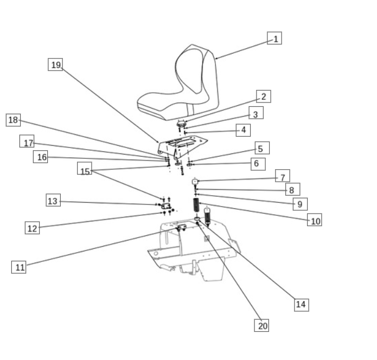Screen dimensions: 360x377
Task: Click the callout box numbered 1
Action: click(274, 38)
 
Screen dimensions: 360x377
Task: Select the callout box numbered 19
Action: click(55, 65)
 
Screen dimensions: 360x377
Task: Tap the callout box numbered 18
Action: click(14, 120)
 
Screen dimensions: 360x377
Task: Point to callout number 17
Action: click(28, 143)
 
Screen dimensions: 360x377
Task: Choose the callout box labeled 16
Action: click(41, 157)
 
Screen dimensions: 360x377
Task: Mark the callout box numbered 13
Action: click(53, 201)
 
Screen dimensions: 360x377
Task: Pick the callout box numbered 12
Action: click(33, 228)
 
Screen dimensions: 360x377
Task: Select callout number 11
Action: click(19, 267)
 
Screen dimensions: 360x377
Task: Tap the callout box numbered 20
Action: click(262, 325)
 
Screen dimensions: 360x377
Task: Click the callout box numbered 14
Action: click(301, 304)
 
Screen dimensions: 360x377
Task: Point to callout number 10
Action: click(315, 220)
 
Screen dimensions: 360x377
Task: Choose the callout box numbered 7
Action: click(282, 176)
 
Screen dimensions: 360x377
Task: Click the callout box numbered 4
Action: click(243, 130)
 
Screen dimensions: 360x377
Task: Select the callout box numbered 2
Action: click(263, 97)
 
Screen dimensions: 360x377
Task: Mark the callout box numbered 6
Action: click(258, 163)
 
